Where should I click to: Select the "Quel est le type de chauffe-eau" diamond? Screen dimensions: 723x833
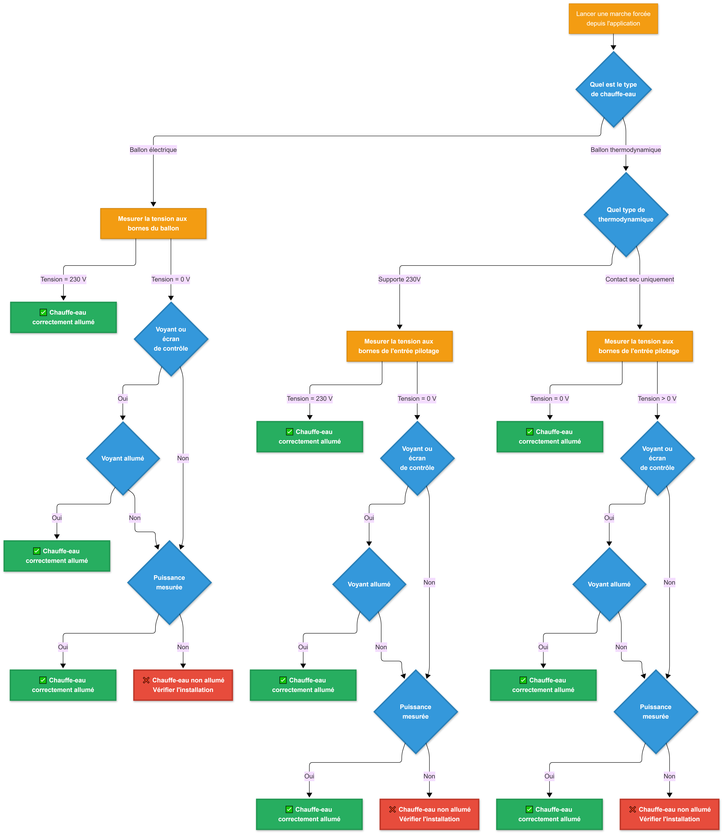[613, 89]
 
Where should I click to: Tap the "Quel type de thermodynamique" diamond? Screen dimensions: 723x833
[626, 214]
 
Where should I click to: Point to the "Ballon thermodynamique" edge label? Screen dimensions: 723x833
[626, 150]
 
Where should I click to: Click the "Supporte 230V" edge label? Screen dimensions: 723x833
[399, 279]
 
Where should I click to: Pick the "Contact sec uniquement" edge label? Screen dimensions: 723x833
[640, 279]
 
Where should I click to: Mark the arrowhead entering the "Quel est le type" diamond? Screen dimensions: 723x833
[613, 48]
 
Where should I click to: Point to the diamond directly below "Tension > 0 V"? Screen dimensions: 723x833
[657, 458]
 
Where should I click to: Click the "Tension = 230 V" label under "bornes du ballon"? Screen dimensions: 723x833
[63, 279]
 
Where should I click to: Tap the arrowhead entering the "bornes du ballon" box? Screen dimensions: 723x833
[153, 204]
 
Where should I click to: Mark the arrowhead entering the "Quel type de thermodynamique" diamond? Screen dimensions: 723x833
[626, 168]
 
